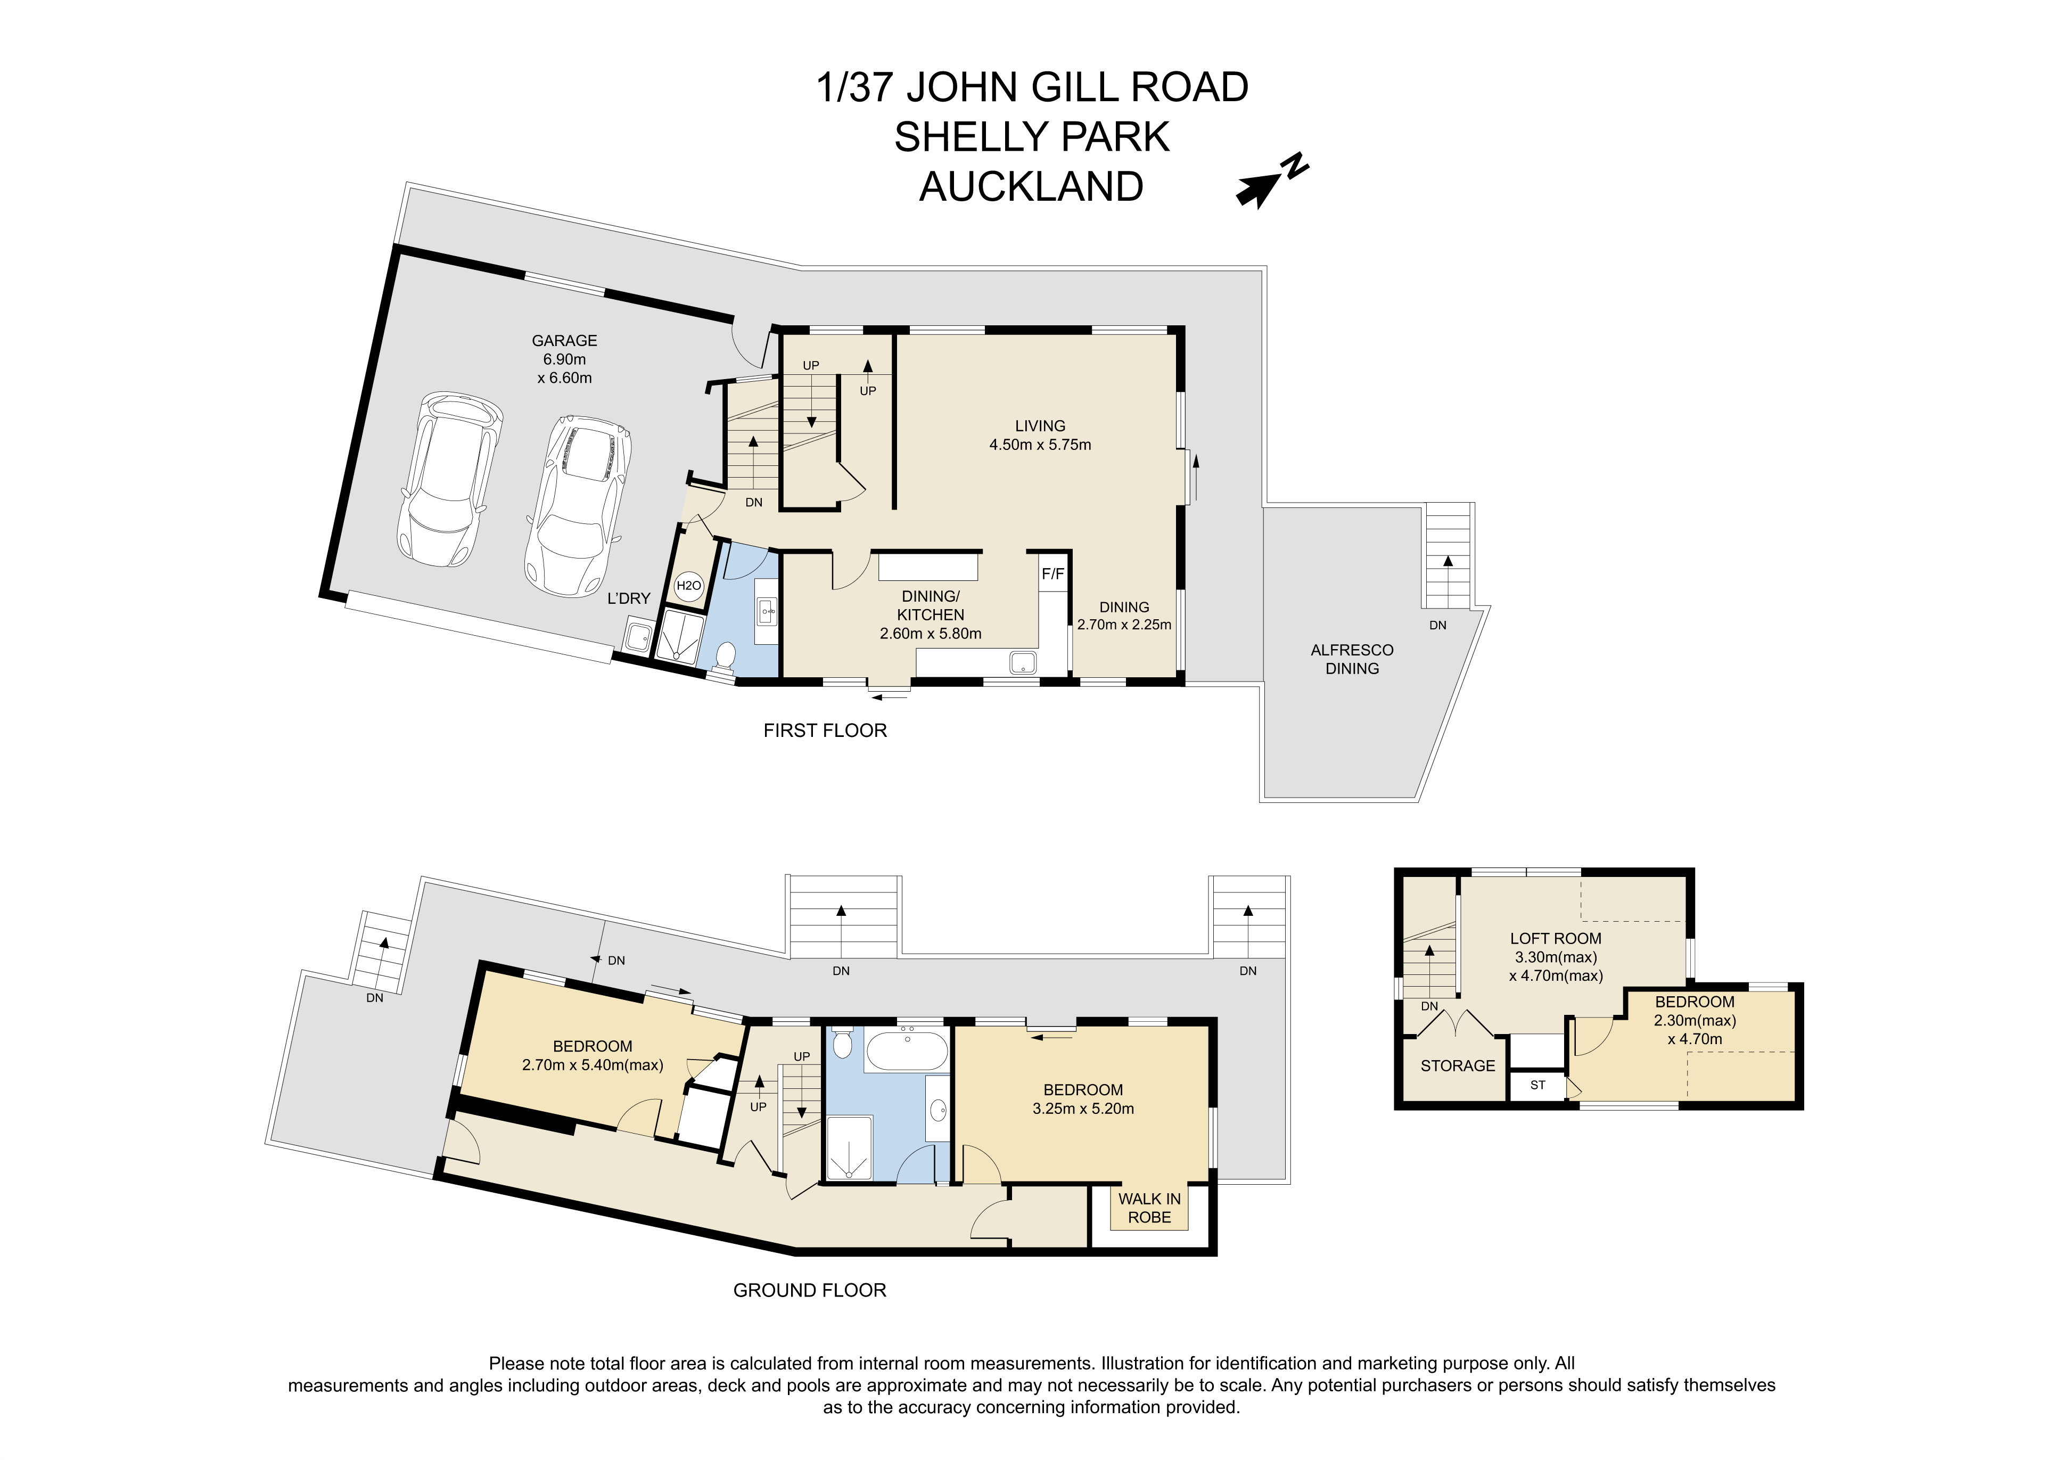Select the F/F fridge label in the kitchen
tap(1052, 573)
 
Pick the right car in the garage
tap(577, 506)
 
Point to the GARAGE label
tap(564, 341)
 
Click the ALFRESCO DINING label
tap(1352, 659)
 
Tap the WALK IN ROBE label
tap(1150, 1208)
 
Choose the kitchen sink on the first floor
tap(1023, 662)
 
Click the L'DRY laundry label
tap(628, 598)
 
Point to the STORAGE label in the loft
tap(1457, 1065)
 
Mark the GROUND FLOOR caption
tap(810, 1290)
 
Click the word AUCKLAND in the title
tap(1031, 186)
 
